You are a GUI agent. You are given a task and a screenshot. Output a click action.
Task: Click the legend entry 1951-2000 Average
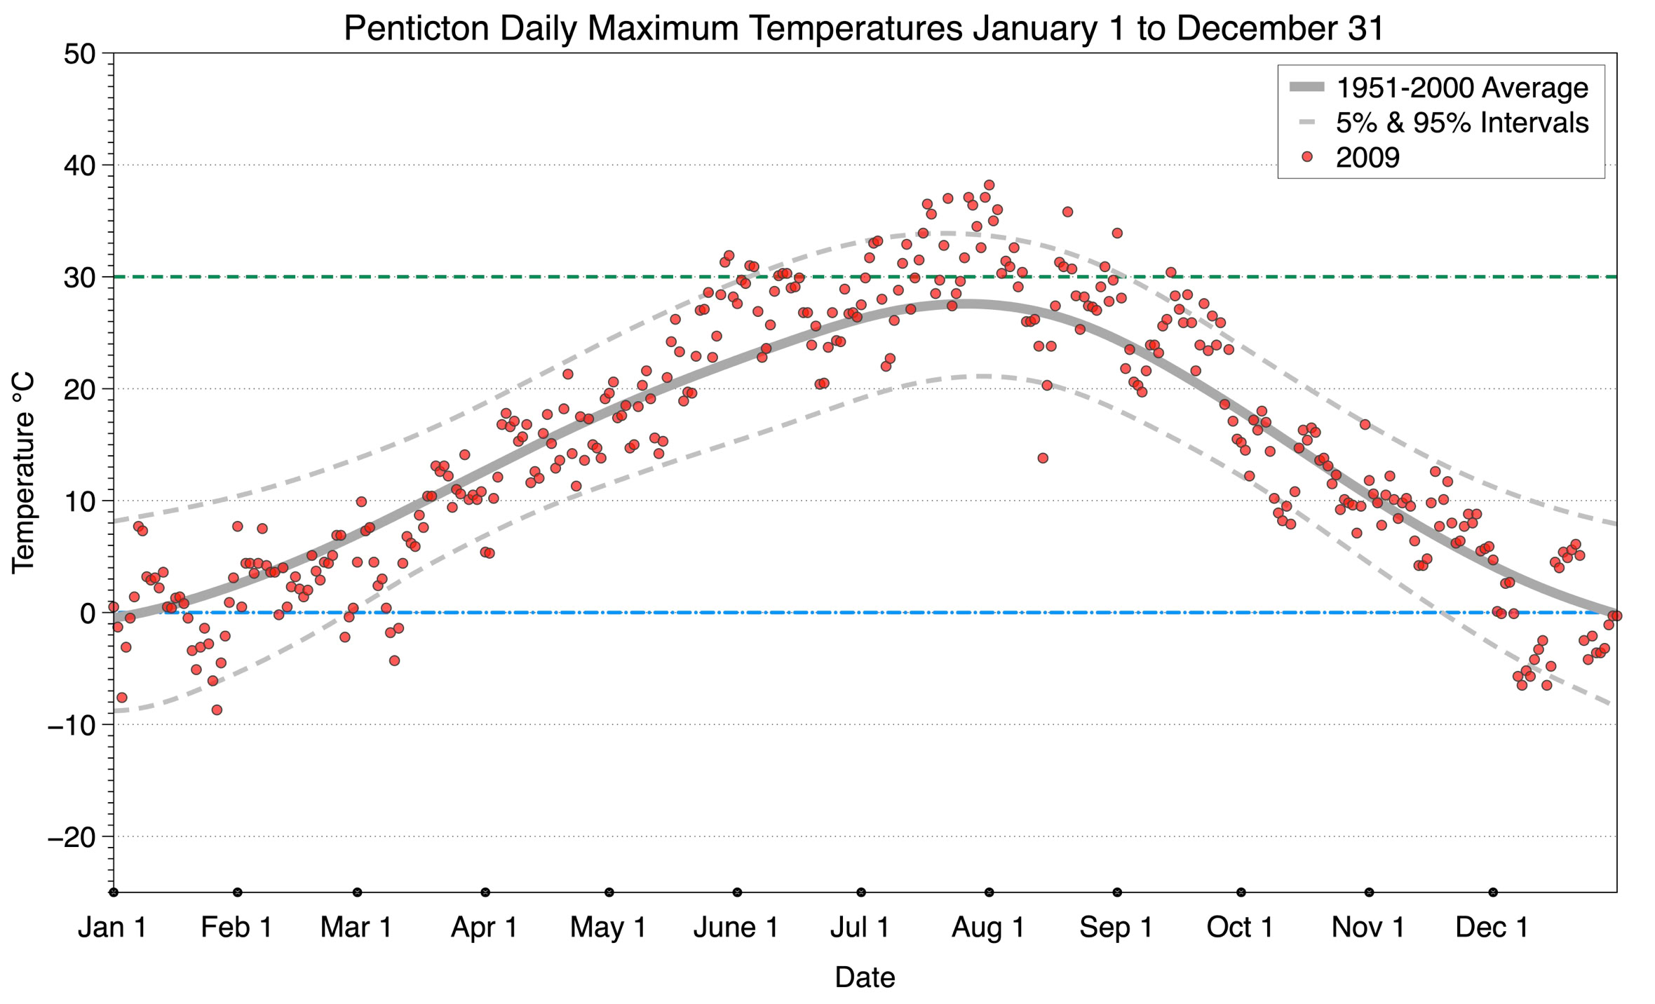point(1461,88)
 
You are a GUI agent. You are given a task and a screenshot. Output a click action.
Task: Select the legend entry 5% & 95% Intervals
point(1461,123)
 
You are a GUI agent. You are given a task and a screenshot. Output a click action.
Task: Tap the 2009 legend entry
point(1367,157)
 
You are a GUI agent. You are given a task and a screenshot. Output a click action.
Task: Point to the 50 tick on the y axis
point(79,54)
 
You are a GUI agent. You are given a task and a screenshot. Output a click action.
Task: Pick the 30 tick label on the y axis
point(79,278)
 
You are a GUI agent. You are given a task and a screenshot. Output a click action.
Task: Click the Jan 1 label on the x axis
point(112,927)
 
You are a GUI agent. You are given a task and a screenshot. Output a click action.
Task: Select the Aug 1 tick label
point(987,927)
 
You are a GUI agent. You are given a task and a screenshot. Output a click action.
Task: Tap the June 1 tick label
point(736,927)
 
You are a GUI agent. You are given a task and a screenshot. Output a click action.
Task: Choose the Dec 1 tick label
point(1492,927)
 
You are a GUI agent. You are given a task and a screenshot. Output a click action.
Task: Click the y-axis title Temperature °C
point(24,473)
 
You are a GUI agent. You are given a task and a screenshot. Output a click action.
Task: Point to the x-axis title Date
point(864,977)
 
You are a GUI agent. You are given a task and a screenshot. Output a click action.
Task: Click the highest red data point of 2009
point(989,185)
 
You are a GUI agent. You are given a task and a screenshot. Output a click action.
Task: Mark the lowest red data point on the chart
point(217,710)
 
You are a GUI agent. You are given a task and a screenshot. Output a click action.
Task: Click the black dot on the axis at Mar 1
point(357,893)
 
